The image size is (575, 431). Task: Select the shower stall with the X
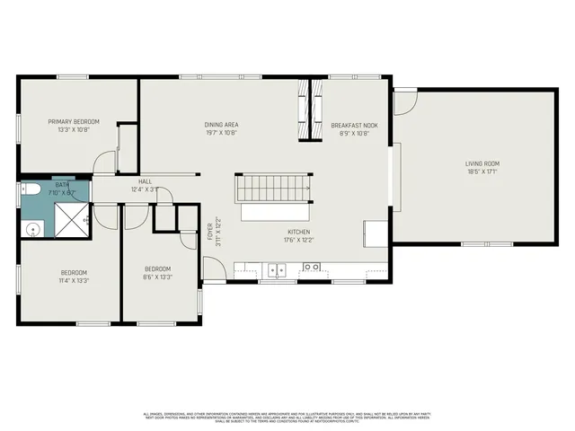click(71, 218)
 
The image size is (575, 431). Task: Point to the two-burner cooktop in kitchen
click(312, 267)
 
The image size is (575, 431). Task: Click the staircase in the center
click(273, 189)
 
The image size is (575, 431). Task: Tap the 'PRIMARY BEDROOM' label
click(74, 121)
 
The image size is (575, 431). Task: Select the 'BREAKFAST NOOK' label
click(354, 125)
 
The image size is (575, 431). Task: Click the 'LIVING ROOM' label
click(482, 163)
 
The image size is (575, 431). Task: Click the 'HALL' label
click(144, 181)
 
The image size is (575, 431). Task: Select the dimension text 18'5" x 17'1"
click(482, 172)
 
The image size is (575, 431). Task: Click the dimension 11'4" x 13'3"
click(74, 280)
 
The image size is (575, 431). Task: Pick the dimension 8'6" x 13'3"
click(157, 277)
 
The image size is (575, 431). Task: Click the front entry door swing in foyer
click(214, 268)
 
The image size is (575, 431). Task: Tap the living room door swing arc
click(405, 101)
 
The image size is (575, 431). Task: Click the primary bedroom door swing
click(106, 163)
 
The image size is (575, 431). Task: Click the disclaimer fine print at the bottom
click(287, 417)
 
